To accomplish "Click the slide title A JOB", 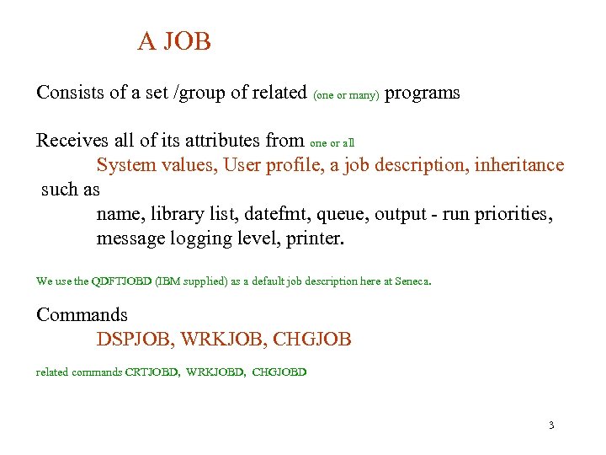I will pyautogui.click(x=174, y=41).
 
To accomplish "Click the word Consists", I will pyautogui.click(x=70, y=93).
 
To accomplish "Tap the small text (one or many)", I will pyautogui.click(x=347, y=95).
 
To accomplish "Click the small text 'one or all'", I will pyautogui.click(x=338, y=142).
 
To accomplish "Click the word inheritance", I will pyautogui.click(x=519, y=164).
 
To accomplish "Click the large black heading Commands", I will pyautogui.click(x=82, y=315).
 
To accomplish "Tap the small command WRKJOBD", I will pyautogui.click(x=215, y=372).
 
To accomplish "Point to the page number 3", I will pyautogui.click(x=550, y=425).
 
